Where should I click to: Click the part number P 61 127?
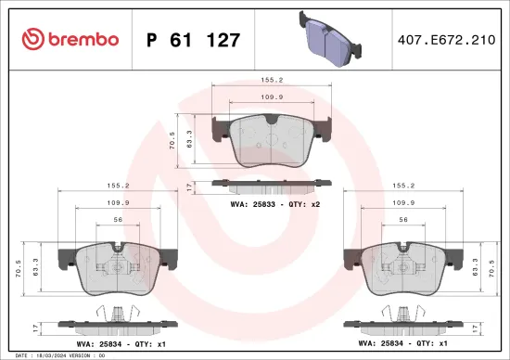[x=194, y=40]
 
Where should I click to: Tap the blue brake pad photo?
[x=330, y=36]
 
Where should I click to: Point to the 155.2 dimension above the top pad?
[x=272, y=81]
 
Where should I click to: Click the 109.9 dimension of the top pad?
[x=271, y=97]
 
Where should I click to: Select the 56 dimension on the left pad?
[x=118, y=220]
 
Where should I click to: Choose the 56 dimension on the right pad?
[x=402, y=220]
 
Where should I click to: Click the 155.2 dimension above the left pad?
[x=117, y=185]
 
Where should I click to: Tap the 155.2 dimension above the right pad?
[x=402, y=185]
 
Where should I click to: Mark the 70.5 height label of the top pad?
[x=172, y=140]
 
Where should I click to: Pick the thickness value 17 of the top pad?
[x=189, y=186]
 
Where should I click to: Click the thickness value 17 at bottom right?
[x=479, y=328]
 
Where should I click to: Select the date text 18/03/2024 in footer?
[x=58, y=355]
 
